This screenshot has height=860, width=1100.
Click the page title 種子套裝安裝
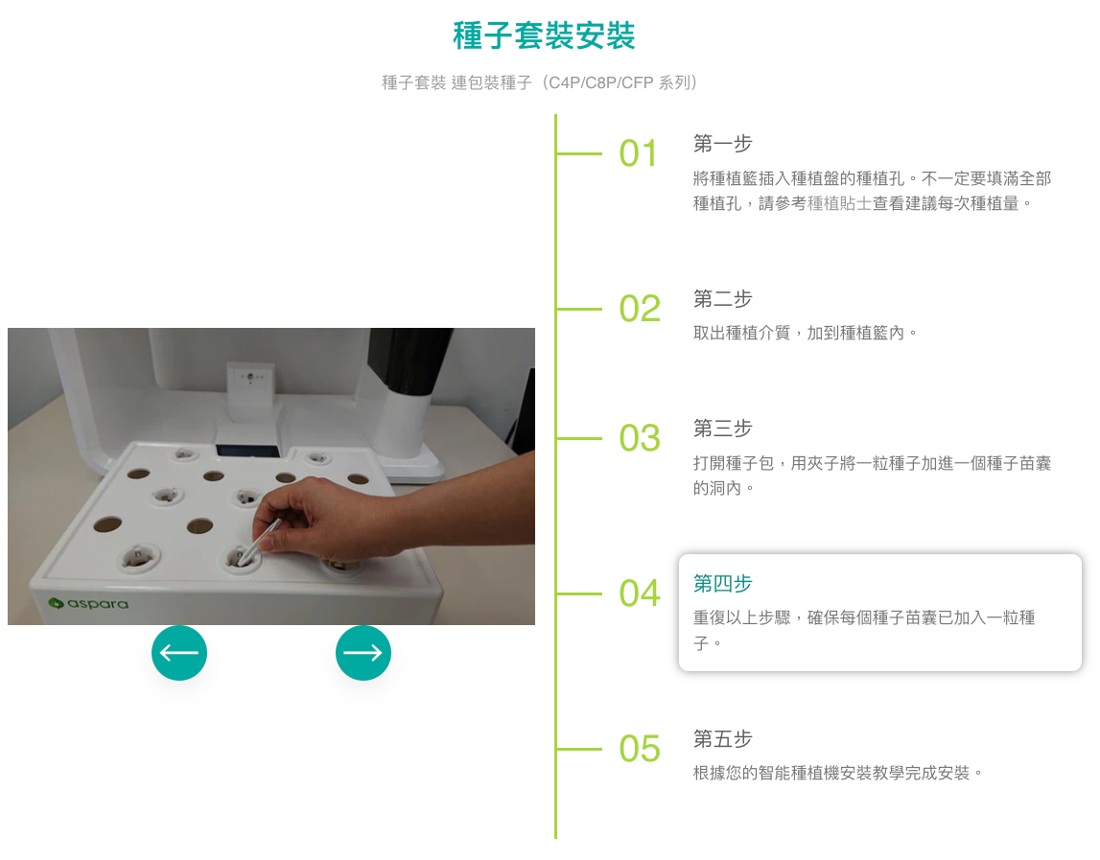(x=544, y=35)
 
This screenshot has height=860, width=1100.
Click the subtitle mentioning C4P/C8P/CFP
(x=540, y=82)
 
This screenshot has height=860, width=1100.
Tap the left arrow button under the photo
(x=179, y=653)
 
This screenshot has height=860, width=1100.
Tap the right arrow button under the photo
(x=363, y=653)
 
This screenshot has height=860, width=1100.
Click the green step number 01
(x=639, y=153)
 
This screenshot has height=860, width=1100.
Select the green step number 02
(x=640, y=309)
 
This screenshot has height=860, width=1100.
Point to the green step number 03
(x=640, y=438)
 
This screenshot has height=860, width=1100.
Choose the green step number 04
(x=640, y=593)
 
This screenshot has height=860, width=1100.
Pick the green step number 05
(x=640, y=749)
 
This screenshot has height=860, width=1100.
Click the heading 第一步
(x=722, y=144)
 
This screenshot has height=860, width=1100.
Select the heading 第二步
(x=722, y=299)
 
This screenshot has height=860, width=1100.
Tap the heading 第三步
(x=722, y=428)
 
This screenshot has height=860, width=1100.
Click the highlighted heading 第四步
(x=722, y=583)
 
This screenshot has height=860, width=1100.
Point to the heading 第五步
(x=722, y=738)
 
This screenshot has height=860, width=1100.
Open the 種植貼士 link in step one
(x=839, y=203)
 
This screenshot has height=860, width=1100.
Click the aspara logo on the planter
(x=88, y=604)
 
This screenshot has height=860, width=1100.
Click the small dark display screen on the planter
(x=247, y=451)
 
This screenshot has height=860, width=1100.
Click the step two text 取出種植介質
(x=741, y=333)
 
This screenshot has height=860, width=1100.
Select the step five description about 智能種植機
(x=838, y=773)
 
